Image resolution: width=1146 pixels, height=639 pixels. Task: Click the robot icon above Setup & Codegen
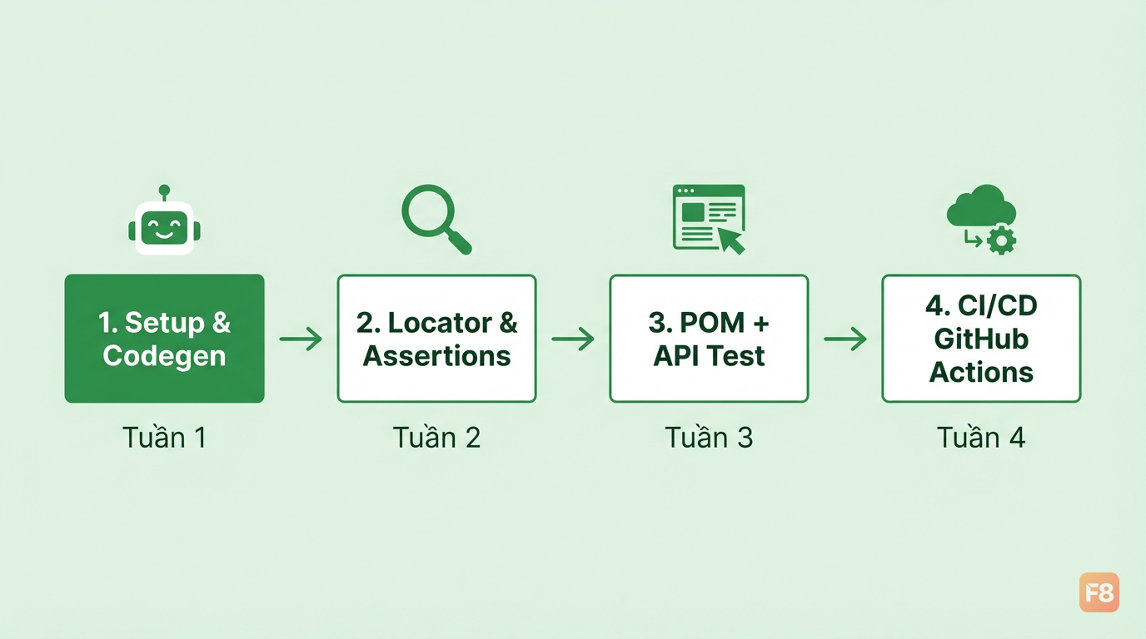pyautogui.click(x=164, y=220)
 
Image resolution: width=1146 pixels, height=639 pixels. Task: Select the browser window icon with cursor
pyautogui.click(x=709, y=220)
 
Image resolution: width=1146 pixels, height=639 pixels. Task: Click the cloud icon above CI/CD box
pyautogui.click(x=981, y=206)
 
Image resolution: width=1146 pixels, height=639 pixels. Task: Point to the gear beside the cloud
pyautogui.click(x=1001, y=240)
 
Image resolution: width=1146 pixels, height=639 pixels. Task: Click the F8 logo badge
pyautogui.click(x=1099, y=592)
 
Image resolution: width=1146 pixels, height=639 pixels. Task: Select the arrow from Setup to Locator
pyautogui.click(x=301, y=339)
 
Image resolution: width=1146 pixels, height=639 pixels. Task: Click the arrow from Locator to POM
pyautogui.click(x=573, y=339)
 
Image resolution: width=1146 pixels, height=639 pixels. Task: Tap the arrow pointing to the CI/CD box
pyautogui.click(x=845, y=339)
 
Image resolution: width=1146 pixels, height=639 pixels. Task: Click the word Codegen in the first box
pyautogui.click(x=164, y=356)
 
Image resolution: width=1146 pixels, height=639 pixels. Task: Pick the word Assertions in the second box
pyautogui.click(x=437, y=356)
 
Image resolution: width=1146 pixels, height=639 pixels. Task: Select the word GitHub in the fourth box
pyautogui.click(x=981, y=339)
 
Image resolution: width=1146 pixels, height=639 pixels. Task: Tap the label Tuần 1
pyautogui.click(x=164, y=438)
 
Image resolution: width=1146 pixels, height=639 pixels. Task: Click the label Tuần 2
pyautogui.click(x=437, y=438)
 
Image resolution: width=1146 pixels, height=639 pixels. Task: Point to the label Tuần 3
pyautogui.click(x=709, y=438)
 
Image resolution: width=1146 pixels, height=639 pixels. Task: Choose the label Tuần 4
pyautogui.click(x=981, y=438)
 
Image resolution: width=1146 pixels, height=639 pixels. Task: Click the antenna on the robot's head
pyautogui.click(x=164, y=192)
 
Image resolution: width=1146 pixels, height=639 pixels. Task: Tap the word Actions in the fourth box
pyautogui.click(x=981, y=372)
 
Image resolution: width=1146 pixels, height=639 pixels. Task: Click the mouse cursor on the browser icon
pyautogui.click(x=730, y=240)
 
